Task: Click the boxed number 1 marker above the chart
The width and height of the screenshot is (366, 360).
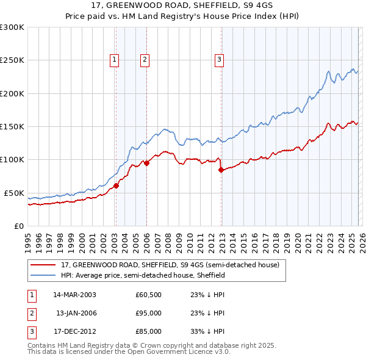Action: [x=115, y=59]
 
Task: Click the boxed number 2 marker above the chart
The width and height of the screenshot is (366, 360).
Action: [x=145, y=59]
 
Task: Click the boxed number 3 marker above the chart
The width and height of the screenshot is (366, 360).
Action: [x=219, y=59]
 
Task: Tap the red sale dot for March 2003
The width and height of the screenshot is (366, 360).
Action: [x=116, y=186]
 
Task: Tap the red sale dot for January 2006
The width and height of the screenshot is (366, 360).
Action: [x=146, y=163]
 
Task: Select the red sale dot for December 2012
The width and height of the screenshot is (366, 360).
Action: [x=221, y=170]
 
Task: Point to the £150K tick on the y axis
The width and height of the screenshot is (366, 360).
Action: [x=12, y=126]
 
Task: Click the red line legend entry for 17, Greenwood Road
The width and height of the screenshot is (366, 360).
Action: [x=170, y=265]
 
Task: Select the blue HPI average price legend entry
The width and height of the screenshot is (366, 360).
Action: [x=143, y=275]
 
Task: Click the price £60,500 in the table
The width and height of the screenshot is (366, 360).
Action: [x=148, y=295]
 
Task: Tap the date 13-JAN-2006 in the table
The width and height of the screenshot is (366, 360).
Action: [x=76, y=313]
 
